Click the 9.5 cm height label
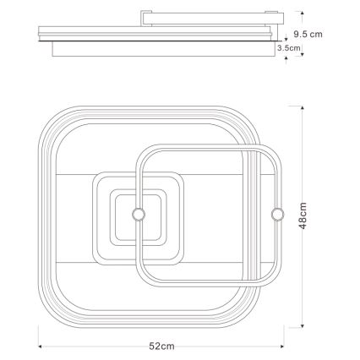(x=308, y=35)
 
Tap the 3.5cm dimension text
(x=289, y=48)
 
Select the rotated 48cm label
(x=303, y=215)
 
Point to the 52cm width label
(x=161, y=346)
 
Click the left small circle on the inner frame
(x=139, y=214)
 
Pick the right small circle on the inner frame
(x=278, y=214)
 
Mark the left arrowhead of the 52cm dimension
(x=40, y=346)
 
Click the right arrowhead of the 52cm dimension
(x=282, y=346)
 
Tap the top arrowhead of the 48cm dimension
(x=303, y=107)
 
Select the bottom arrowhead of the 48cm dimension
(x=303, y=326)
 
